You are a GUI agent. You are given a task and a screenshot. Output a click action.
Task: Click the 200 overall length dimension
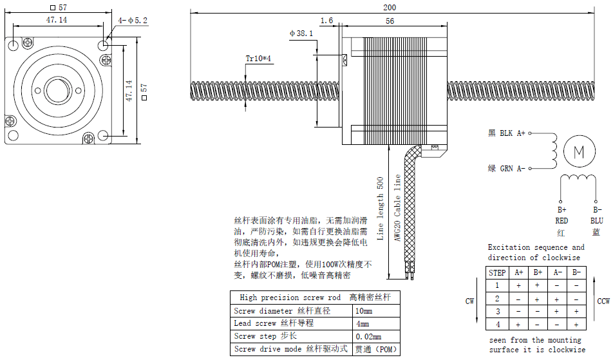coord(390,7)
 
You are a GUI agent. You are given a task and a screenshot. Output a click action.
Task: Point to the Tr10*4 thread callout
coord(259,59)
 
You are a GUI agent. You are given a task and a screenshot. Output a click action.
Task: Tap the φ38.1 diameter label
coord(302,33)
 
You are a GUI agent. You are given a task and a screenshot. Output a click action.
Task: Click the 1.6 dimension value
coord(326,21)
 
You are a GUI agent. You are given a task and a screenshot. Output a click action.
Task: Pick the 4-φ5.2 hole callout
coord(133,21)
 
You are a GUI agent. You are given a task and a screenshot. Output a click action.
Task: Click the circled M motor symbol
coord(578,152)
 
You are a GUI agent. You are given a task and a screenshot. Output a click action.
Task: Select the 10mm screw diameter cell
coord(364,310)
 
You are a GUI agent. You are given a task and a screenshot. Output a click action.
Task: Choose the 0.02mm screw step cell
coord(368,336)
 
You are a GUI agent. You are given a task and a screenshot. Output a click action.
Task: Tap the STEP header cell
coord(498,272)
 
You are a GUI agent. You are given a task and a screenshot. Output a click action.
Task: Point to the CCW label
coord(603,301)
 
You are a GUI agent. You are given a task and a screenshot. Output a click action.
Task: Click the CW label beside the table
coord(469,301)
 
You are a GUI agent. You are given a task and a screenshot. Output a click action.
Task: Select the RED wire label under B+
coord(561,220)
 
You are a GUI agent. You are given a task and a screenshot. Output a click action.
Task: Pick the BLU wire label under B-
coord(597,220)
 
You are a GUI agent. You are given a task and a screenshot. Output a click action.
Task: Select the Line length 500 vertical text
coord(381,208)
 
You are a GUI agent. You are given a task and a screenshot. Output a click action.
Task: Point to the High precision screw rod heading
coord(290,298)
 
